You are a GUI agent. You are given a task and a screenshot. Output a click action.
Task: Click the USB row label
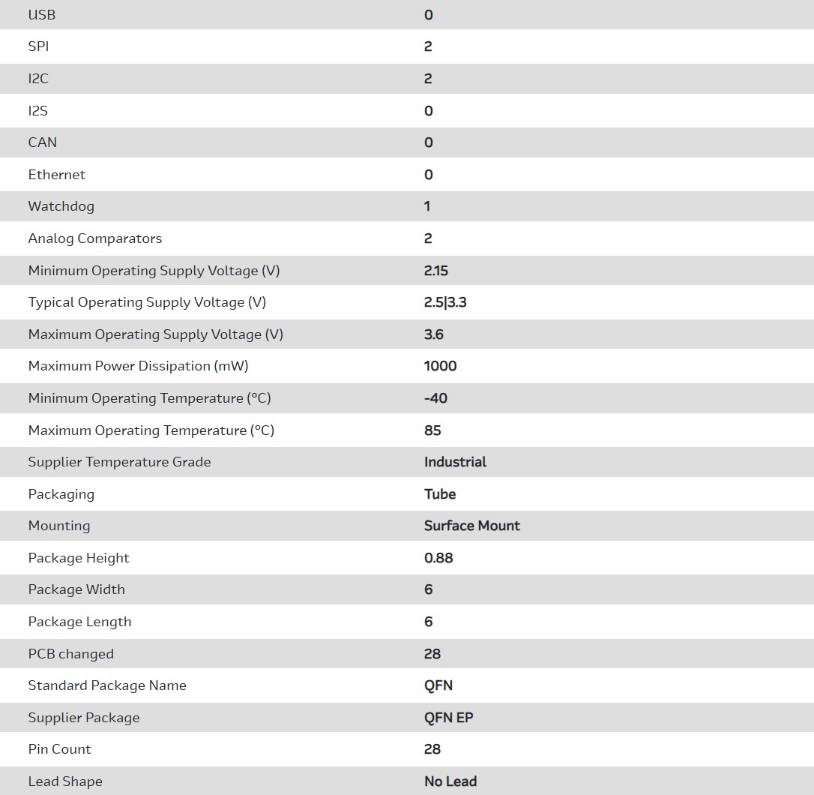click(x=42, y=15)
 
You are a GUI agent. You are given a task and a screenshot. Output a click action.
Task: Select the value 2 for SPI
click(x=428, y=46)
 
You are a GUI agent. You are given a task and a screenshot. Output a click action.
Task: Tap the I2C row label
click(x=38, y=79)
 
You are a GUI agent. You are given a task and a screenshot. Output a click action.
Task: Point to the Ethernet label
click(x=57, y=175)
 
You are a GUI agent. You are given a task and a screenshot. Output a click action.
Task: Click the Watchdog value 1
click(x=427, y=206)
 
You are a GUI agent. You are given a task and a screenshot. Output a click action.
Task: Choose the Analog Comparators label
click(x=95, y=238)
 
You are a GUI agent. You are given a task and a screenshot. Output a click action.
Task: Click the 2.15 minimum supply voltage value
click(x=436, y=271)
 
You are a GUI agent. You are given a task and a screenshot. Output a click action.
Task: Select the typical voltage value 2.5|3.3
click(x=445, y=302)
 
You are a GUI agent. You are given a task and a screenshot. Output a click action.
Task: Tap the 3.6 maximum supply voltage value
click(x=434, y=334)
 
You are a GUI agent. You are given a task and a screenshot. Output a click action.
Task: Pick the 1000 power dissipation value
click(x=441, y=366)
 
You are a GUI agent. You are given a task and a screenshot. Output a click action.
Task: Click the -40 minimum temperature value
click(x=435, y=398)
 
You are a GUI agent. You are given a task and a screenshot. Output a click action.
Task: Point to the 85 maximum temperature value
click(x=432, y=430)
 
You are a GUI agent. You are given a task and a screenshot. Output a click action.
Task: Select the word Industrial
click(x=455, y=462)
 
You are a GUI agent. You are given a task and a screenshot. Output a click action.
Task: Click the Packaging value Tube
click(x=440, y=494)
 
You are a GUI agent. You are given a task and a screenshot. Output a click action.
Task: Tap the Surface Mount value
click(x=472, y=526)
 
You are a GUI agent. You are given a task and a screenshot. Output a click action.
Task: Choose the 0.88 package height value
click(x=438, y=558)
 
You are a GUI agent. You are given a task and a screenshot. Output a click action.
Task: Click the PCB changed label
click(x=71, y=654)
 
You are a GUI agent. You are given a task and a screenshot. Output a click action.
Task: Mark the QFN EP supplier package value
click(x=448, y=718)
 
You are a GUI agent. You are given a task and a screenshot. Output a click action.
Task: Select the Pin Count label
click(x=60, y=749)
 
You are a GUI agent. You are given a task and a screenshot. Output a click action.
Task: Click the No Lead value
click(x=450, y=781)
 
